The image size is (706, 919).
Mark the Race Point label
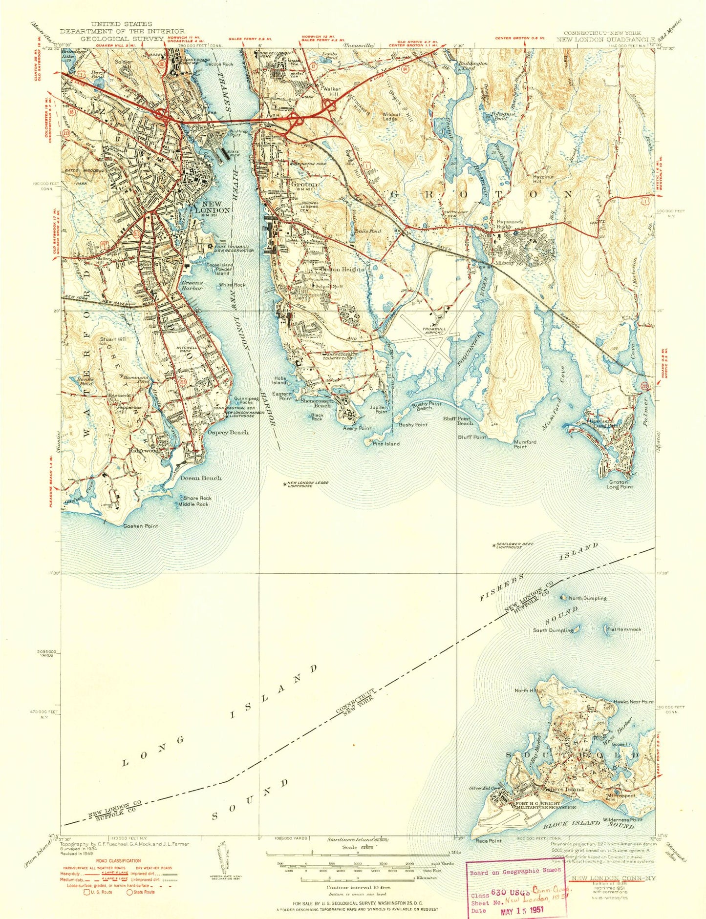pyautogui.click(x=489, y=841)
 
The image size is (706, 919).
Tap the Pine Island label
pyautogui.click(x=386, y=444)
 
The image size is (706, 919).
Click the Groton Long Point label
pyautogui.click(x=620, y=484)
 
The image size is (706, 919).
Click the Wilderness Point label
pyautogui.click(x=622, y=819)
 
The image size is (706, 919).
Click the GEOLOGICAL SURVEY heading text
pyautogui.click(x=116, y=38)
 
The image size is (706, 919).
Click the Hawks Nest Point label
pyautogui.click(x=634, y=702)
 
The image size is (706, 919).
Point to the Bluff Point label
pyautogui.click(x=471, y=437)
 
